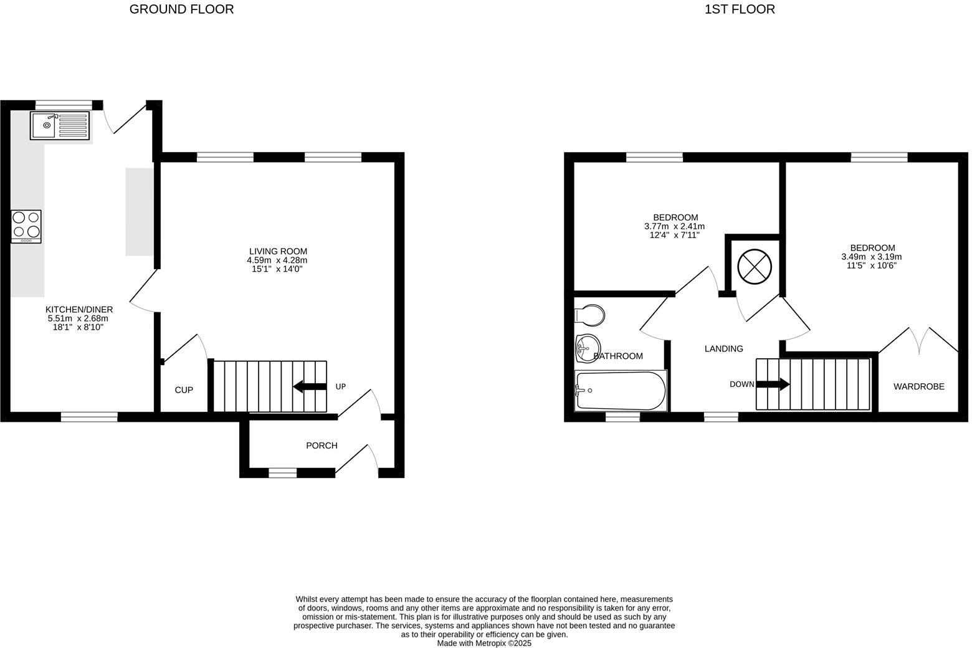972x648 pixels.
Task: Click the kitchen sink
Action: point(60,125)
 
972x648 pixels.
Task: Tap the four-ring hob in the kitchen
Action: point(26,226)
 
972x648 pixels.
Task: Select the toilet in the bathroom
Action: point(589,315)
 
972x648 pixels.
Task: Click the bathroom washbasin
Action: point(588,347)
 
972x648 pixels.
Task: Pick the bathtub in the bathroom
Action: point(621,391)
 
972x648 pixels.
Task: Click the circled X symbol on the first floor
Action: point(755,267)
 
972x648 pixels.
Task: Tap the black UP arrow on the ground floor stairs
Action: point(309,386)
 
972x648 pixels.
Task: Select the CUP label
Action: point(184,390)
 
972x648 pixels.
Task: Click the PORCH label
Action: point(322,445)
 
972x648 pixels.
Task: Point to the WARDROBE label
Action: point(918,386)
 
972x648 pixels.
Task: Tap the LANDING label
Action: point(723,349)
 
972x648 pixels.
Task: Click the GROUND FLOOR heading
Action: point(181,9)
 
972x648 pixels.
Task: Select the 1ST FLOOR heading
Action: point(740,9)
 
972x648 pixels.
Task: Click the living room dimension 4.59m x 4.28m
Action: point(277,260)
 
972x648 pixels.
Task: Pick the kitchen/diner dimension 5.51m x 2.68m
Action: point(78,318)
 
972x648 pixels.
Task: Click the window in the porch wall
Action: point(282,473)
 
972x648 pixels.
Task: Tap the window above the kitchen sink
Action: point(64,105)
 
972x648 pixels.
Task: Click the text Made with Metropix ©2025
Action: point(484,643)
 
